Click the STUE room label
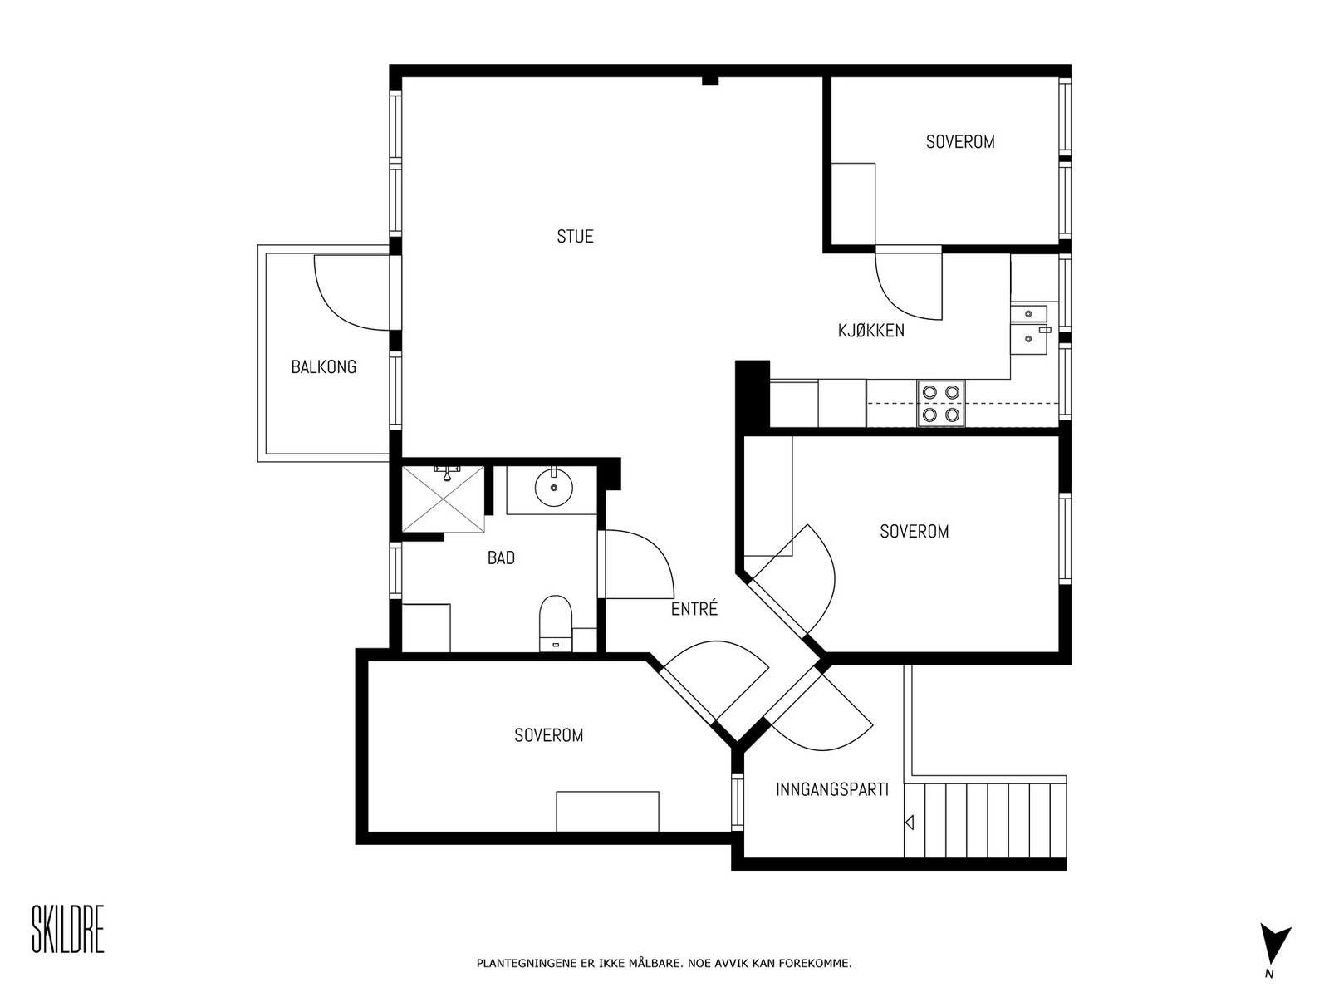(575, 236)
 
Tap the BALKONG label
(323, 367)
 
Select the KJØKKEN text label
(870, 331)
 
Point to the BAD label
(501, 557)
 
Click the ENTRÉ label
(694, 608)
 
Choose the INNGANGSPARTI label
(832, 789)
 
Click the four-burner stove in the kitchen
(941, 404)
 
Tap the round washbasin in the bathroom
(553, 488)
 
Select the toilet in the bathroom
(555, 623)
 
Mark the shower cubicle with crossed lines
(444, 499)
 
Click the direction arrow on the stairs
(910, 823)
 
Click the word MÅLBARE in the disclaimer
(655, 963)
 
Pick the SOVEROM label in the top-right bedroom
(960, 141)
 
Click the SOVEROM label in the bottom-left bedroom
(548, 735)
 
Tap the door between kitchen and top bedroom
(909, 282)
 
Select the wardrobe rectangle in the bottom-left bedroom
(607, 811)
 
